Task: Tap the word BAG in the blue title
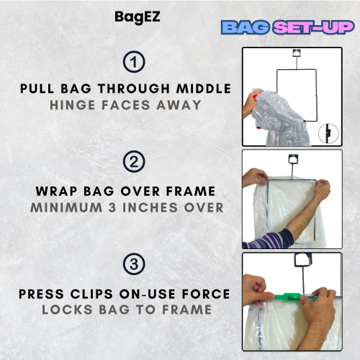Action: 244,28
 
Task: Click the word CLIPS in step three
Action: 99,294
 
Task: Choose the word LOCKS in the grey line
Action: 66,310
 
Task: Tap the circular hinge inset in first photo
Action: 328,133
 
